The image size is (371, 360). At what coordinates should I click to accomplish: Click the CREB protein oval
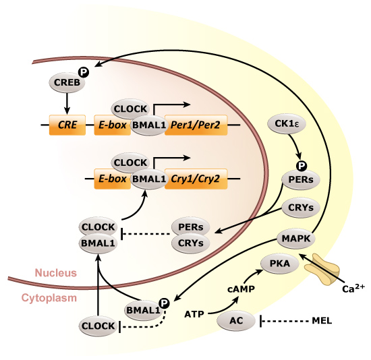[x=65, y=83]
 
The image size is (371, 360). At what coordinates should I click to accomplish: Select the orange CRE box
[x=66, y=125]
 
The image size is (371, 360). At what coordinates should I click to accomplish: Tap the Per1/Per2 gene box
[x=196, y=125]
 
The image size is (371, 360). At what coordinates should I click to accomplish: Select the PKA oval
[x=279, y=264]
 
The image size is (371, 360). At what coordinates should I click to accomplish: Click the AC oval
[x=235, y=322]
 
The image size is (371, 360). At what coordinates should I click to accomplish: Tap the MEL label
[x=323, y=322]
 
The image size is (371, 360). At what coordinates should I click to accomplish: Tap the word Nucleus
[x=57, y=273]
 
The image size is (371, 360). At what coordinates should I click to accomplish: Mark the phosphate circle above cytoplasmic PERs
[x=301, y=165]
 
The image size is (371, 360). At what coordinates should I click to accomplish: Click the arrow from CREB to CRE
[x=66, y=102]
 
